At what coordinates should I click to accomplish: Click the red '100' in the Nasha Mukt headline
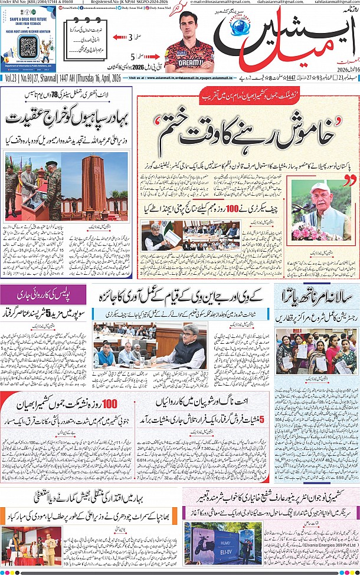point(110,404)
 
